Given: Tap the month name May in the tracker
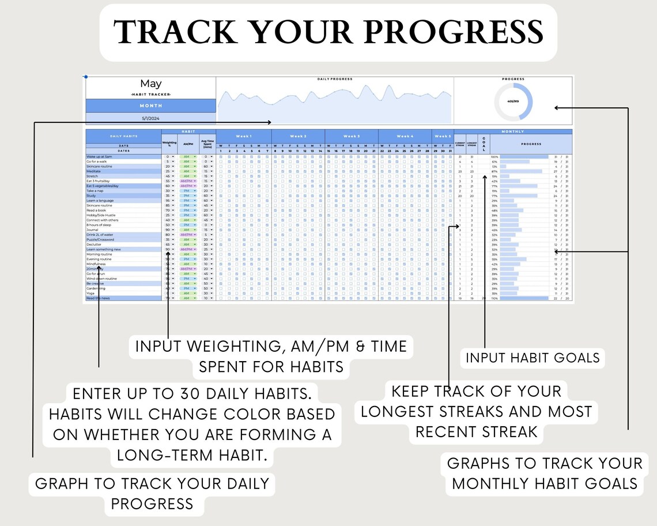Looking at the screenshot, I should (x=151, y=84).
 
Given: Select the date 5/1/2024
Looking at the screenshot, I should (x=151, y=118).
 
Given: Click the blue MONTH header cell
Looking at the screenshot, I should (x=151, y=106).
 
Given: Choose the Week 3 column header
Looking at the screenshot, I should (x=352, y=136).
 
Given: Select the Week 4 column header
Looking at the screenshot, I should (x=405, y=136).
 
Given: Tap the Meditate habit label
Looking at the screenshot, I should (x=94, y=171).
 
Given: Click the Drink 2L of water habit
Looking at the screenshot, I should (x=101, y=235).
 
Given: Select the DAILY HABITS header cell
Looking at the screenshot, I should (x=123, y=136).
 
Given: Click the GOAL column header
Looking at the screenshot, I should (x=484, y=143).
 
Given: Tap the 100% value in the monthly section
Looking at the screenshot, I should (x=494, y=157).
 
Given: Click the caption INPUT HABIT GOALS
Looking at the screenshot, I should (x=533, y=358).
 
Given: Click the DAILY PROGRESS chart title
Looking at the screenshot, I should (x=335, y=79).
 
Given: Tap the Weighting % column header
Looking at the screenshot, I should (x=170, y=144).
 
